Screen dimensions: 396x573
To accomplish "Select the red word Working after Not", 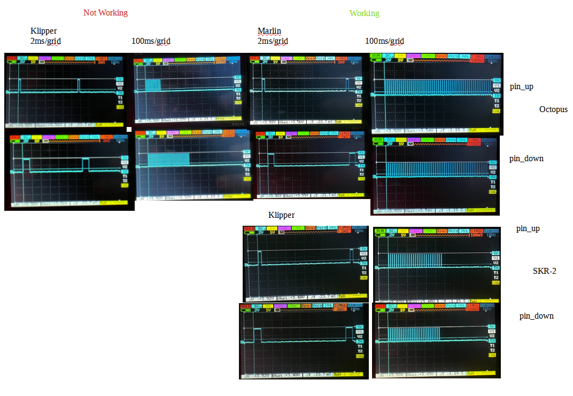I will [113, 12].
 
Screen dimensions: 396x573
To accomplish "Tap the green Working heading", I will [365, 13].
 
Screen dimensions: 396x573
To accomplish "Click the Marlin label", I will [269, 30].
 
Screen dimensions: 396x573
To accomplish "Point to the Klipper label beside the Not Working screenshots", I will [44, 30].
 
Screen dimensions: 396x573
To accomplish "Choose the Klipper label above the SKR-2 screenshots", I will [281, 215].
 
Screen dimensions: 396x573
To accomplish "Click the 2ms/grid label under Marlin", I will [273, 41].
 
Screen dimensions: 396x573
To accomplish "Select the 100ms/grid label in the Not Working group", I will [151, 41].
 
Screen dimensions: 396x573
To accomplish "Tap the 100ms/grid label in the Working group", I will [384, 41].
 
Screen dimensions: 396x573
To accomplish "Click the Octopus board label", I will [553, 109].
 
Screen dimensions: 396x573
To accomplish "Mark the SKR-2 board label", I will [545, 271].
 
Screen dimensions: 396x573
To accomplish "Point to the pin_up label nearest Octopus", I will [521, 86].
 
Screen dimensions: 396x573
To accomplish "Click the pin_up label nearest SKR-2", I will [528, 228].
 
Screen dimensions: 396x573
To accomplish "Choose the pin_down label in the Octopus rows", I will [526, 158].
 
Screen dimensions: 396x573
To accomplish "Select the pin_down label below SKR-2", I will [536, 316].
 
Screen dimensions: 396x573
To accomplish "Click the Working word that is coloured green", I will [365, 13].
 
